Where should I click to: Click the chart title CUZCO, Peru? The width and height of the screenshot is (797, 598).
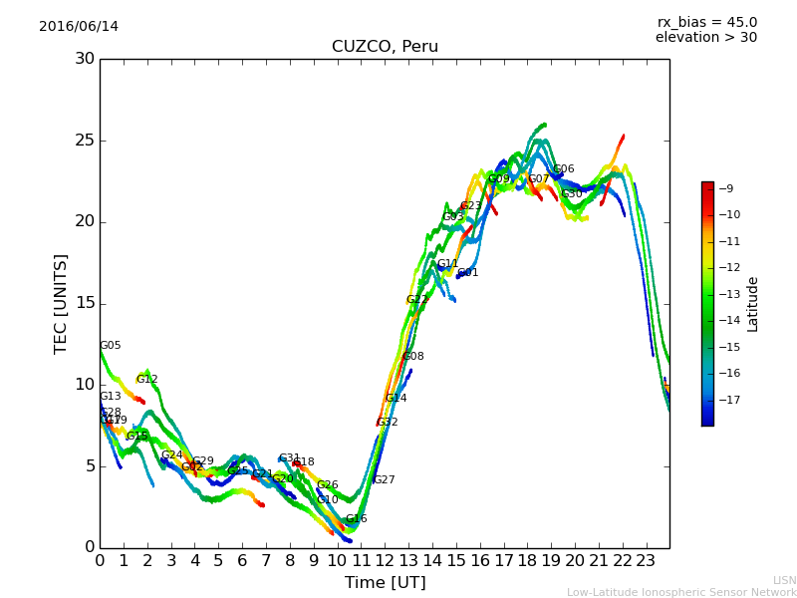pos(385,47)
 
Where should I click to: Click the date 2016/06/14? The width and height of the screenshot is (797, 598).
pos(79,27)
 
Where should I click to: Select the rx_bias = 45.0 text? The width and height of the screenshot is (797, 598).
pos(706,22)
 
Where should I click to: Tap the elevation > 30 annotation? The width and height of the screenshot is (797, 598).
pos(705,38)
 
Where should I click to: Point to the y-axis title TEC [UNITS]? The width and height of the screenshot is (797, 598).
pos(61,303)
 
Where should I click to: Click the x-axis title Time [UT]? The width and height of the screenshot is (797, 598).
pos(385,583)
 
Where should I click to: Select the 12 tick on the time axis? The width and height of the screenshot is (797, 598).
pos(385,560)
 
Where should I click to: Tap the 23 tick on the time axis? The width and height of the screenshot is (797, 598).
pos(646,560)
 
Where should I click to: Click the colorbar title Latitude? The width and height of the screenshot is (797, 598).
pos(753,304)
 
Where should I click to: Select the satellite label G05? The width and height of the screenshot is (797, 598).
pos(110,346)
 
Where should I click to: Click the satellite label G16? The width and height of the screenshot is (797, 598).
pos(356,519)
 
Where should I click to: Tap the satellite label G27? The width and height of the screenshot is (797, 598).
pos(384,480)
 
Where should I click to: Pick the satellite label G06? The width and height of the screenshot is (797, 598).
pos(563,169)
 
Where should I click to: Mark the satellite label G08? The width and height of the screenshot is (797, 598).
pos(412,357)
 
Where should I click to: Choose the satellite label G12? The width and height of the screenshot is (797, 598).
pos(146,380)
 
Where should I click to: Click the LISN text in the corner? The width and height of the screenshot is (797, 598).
pos(784,580)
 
